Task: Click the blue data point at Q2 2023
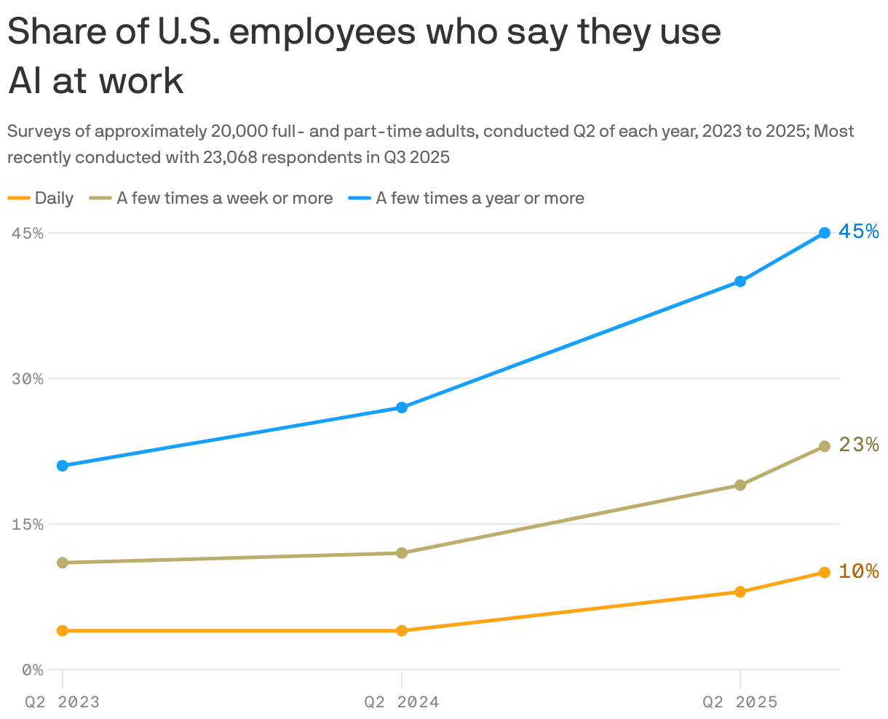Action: [63, 466]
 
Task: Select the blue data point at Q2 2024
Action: [402, 408]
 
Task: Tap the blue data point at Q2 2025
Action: [740, 282]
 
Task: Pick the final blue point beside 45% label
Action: [824, 233]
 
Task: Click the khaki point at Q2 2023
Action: [63, 563]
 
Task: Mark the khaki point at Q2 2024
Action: [402, 553]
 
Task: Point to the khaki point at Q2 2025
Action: [740, 485]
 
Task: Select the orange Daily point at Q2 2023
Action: [63, 630]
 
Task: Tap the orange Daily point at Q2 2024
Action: [402, 630]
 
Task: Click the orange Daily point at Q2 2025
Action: [740, 592]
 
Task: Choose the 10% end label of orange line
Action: [859, 571]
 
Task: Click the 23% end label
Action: [859, 445]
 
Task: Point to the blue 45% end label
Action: [859, 231]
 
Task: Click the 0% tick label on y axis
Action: [32, 670]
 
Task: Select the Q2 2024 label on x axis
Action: [402, 702]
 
